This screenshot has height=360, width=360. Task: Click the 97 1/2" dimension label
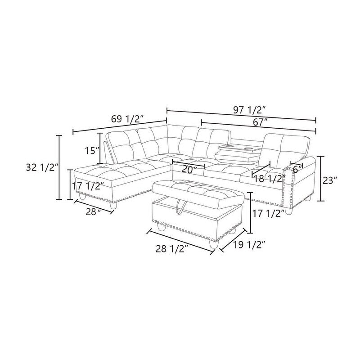click(248, 110)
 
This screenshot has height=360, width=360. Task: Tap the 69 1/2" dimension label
click(128, 119)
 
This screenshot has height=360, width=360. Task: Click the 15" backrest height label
click(92, 151)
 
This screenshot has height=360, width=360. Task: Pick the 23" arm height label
click(330, 180)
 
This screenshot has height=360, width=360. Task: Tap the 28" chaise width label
click(94, 212)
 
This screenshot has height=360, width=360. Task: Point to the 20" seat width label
click(189, 170)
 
